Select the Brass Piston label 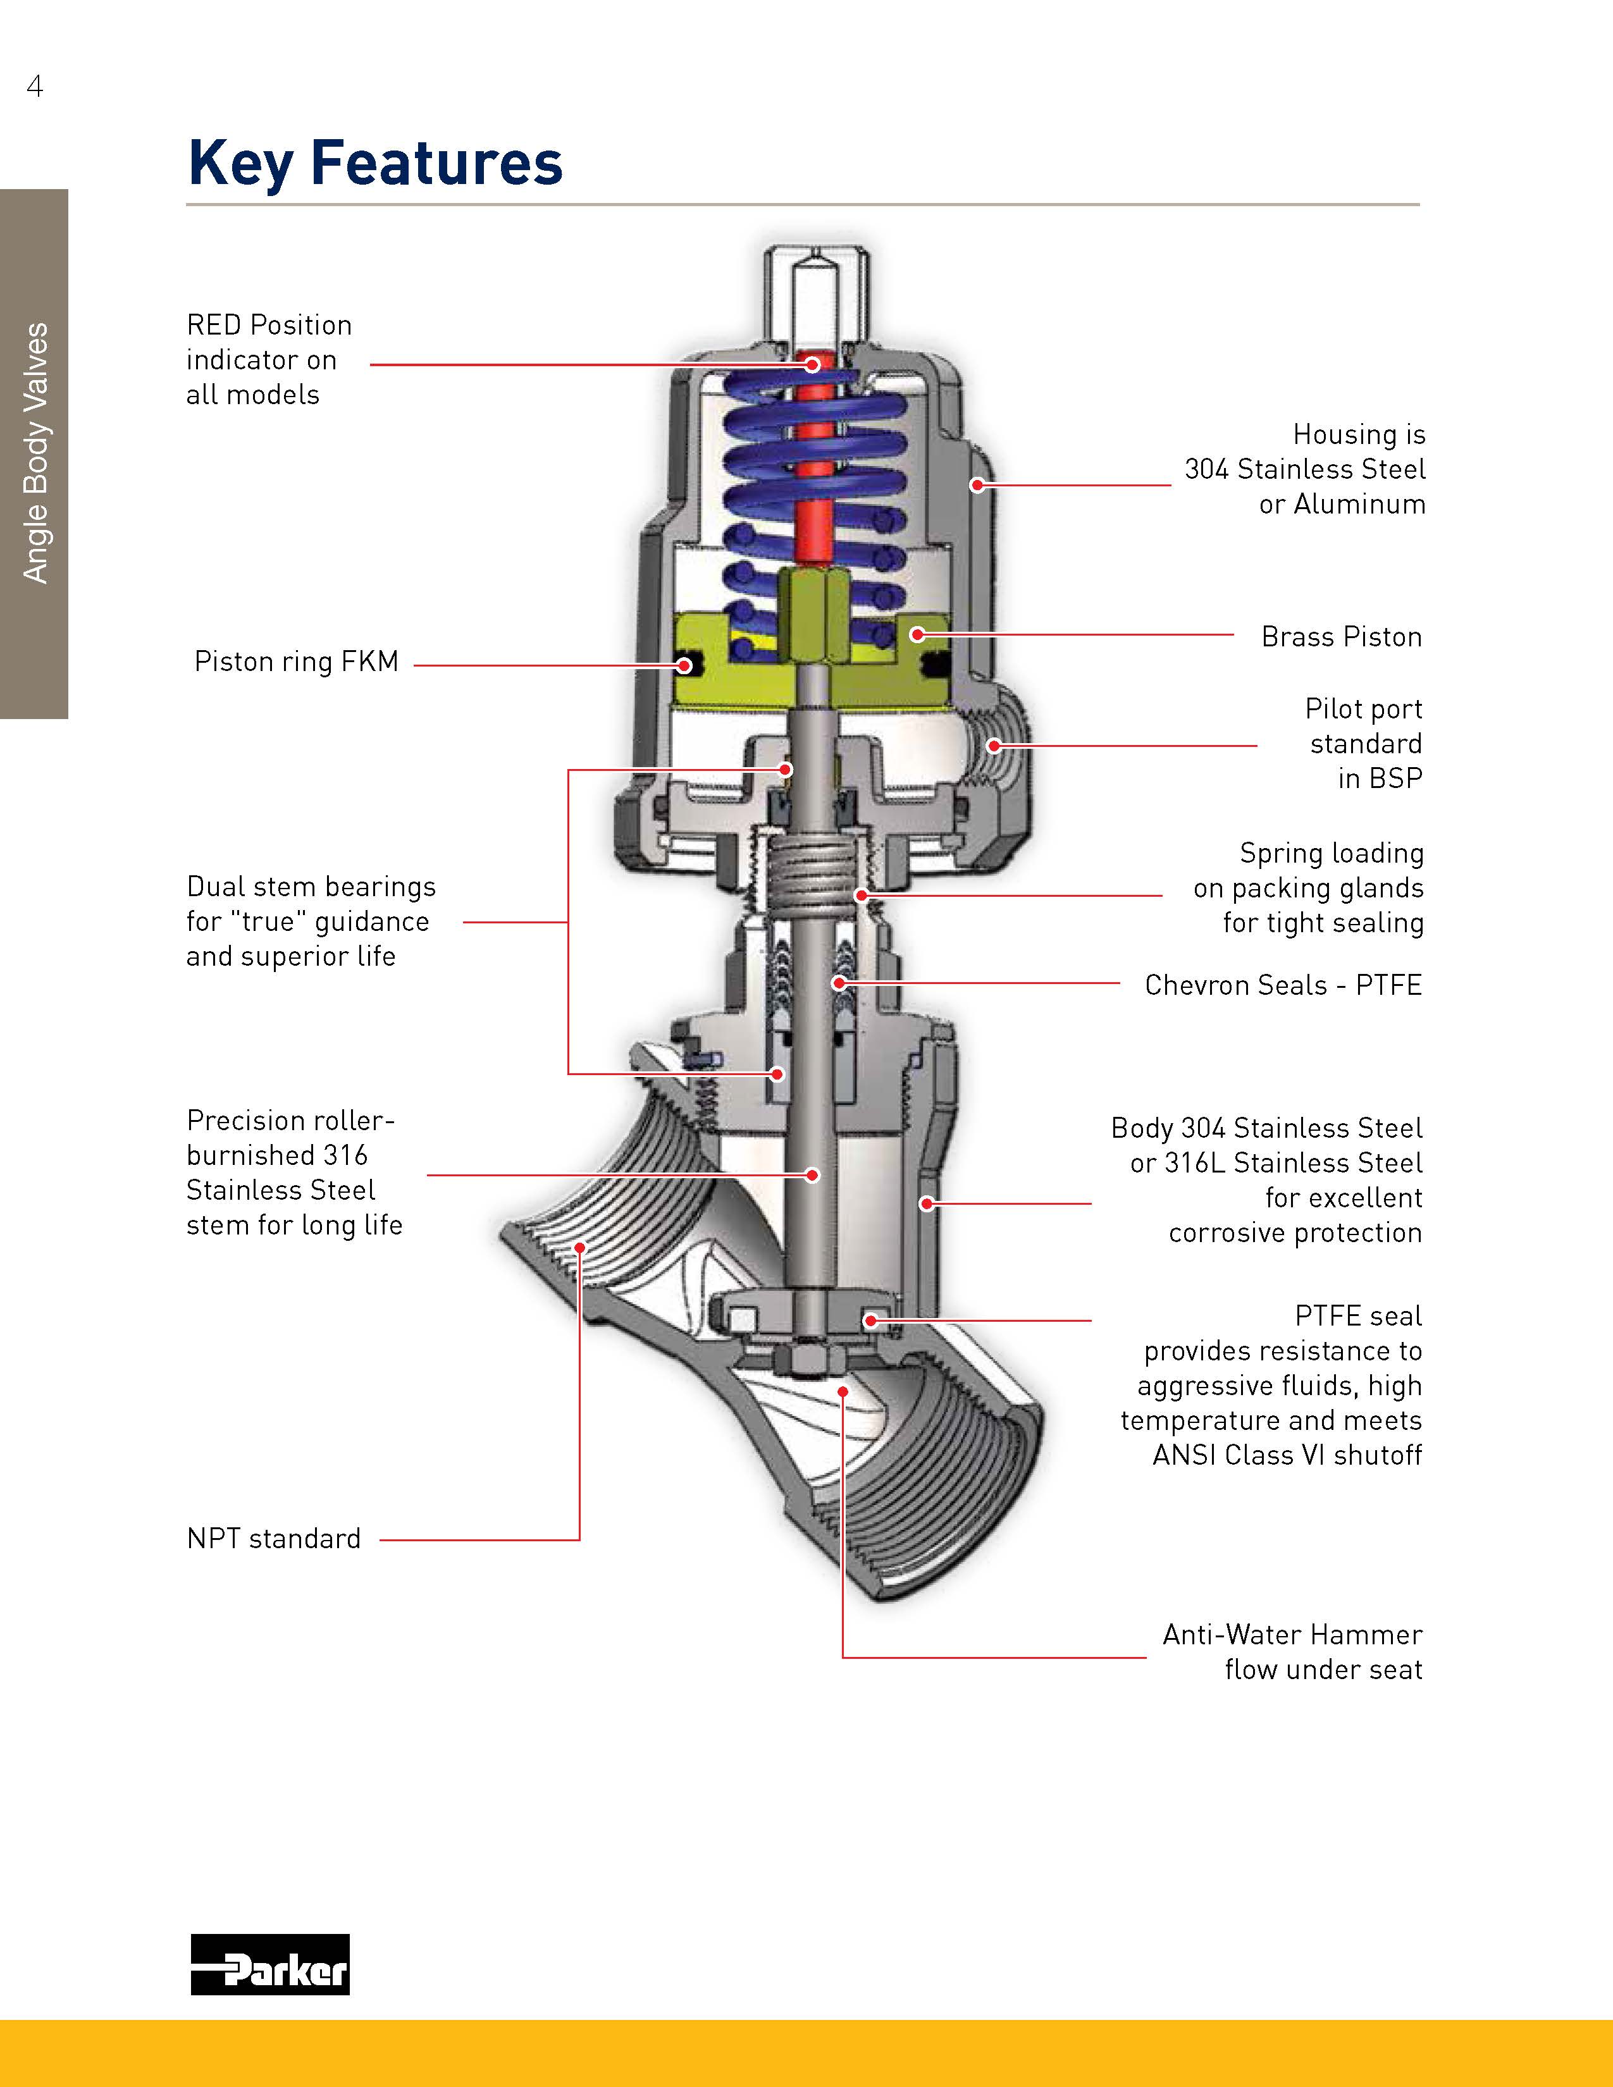point(1340,636)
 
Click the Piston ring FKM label point(296,662)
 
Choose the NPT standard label point(273,1539)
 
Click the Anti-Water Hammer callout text point(1292,1652)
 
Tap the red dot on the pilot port point(994,746)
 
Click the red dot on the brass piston point(915,634)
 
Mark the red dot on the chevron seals point(839,982)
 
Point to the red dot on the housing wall point(977,486)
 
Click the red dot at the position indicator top point(812,364)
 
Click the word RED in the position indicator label point(214,325)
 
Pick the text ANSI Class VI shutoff point(1286,1455)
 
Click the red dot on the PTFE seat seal point(870,1321)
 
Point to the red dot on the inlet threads point(579,1247)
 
